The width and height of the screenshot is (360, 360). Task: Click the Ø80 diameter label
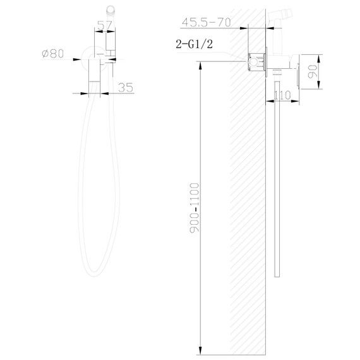53,54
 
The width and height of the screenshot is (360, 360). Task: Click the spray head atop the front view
112,8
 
